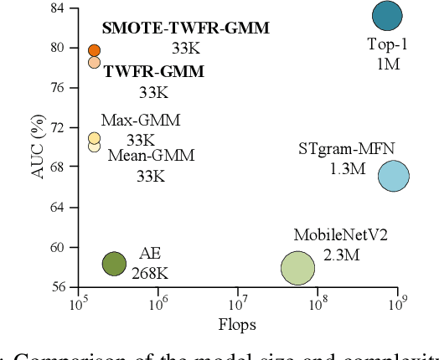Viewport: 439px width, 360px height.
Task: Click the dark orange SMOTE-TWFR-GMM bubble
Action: (94, 51)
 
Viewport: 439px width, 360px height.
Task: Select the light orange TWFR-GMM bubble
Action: (94, 63)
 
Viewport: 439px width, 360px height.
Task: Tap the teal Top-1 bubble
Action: (386, 15)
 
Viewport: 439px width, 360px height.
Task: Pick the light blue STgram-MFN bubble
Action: (393, 176)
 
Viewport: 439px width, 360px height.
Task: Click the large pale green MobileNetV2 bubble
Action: (297, 268)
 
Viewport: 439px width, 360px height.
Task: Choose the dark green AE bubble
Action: (114, 264)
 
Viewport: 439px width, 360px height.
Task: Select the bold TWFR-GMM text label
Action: (153, 72)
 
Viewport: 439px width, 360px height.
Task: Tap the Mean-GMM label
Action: (151, 156)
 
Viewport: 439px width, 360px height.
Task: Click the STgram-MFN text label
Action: (346, 150)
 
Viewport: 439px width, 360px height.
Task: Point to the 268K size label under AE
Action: (150, 272)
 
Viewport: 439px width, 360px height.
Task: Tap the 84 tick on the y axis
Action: (59, 8)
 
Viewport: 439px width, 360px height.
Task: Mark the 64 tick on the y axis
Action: (59, 207)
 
